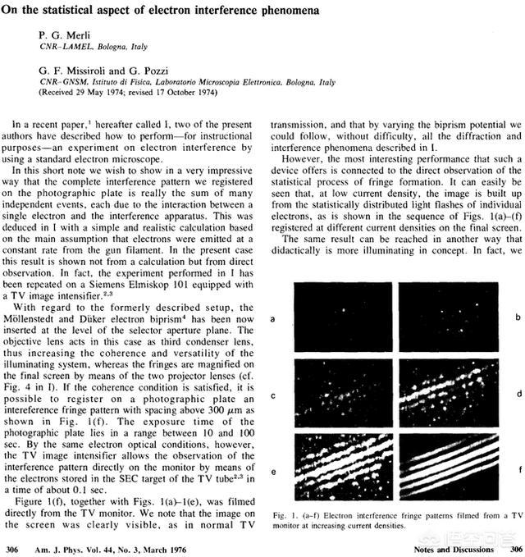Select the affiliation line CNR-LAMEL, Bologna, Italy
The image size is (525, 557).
pyautogui.click(x=89, y=48)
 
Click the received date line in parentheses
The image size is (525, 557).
pyautogui.click(x=122, y=94)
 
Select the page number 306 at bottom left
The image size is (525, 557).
pyautogui.click(x=12, y=547)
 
